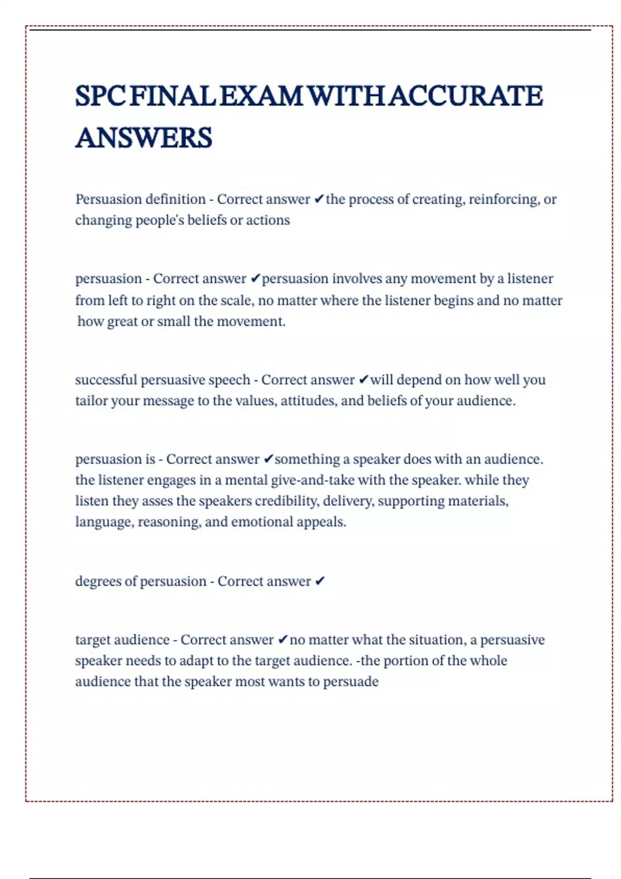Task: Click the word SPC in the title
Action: click(100, 96)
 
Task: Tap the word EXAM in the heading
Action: click(261, 96)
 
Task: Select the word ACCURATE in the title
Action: click(466, 96)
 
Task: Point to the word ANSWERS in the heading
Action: click(144, 138)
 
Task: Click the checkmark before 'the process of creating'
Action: click(319, 199)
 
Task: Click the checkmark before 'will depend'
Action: click(363, 380)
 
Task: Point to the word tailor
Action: click(91, 401)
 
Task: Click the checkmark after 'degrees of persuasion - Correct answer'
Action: click(320, 582)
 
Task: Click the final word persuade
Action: click(351, 682)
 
